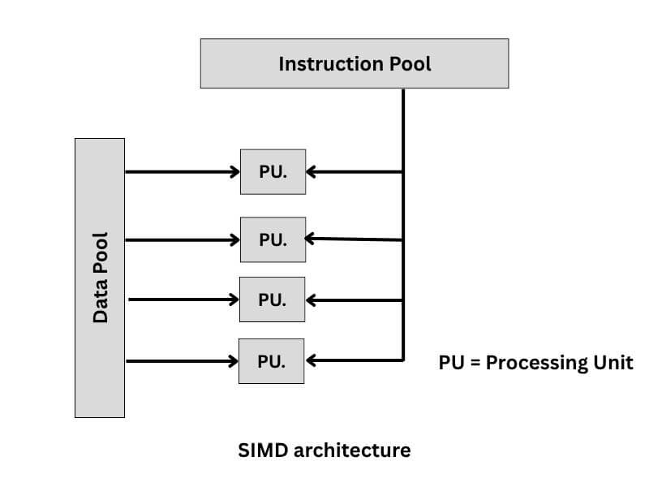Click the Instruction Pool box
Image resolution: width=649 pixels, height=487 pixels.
(355, 63)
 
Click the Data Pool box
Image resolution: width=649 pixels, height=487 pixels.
(100, 278)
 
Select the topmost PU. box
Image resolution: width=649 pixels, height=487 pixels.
(273, 171)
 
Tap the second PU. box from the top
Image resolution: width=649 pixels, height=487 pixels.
(273, 239)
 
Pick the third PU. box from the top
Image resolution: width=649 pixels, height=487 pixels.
(272, 300)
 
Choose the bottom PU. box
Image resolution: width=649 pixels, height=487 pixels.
(271, 361)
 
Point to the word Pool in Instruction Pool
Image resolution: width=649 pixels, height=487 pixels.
(410, 63)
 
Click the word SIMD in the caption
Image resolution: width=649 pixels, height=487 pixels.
(259, 449)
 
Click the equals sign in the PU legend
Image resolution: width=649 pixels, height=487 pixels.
(475, 363)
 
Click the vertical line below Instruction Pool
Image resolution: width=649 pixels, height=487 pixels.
(403, 130)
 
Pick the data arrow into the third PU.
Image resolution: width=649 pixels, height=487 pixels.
(183, 300)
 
